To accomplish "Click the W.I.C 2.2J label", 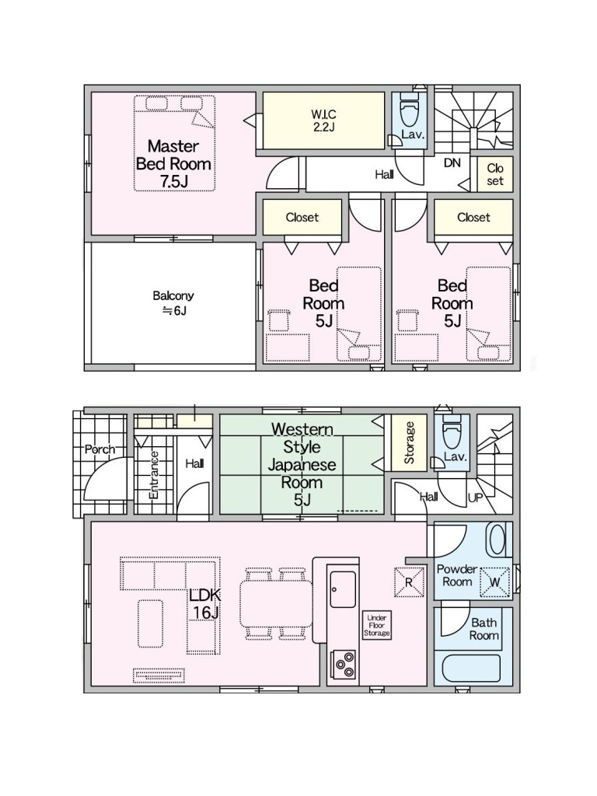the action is (x=323, y=120).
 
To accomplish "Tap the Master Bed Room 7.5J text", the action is (x=173, y=163).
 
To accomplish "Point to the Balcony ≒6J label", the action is (x=173, y=302).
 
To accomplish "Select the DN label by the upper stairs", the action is (x=452, y=162).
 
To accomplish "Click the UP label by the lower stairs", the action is (x=475, y=497).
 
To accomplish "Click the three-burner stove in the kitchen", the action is (x=344, y=664).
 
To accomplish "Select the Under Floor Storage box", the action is (x=377, y=626).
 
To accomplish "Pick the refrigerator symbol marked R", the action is (x=409, y=582).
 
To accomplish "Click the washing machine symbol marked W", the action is (x=494, y=581).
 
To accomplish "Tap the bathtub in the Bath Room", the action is (x=471, y=669).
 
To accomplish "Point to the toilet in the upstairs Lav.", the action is (x=409, y=109).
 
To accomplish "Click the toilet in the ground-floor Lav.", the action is (x=451, y=431).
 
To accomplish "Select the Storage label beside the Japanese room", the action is (x=409, y=442).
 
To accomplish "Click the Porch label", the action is (x=100, y=449).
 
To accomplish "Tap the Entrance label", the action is (x=155, y=475).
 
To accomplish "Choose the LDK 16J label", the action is (x=205, y=603).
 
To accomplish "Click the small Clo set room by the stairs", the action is (x=495, y=174).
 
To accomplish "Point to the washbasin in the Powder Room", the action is (x=495, y=539).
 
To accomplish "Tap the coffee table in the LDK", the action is (x=150, y=623).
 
